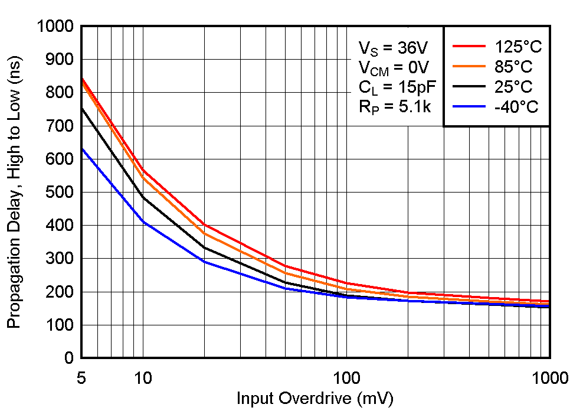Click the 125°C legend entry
(515, 47)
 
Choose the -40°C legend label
(512, 107)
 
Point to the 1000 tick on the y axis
(54, 27)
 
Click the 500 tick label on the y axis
(60, 193)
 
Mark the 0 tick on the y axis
(68, 358)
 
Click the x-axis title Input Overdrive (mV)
(315, 399)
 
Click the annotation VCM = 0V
(394, 67)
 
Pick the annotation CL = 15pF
(397, 87)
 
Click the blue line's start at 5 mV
(81, 148)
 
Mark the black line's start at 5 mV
(81, 108)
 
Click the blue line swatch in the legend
(469, 107)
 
